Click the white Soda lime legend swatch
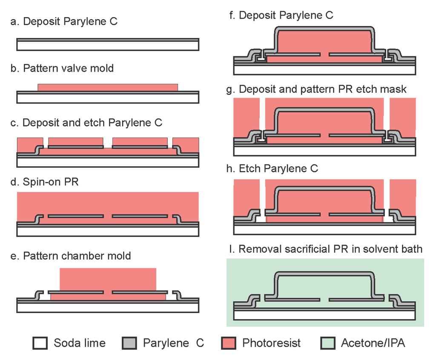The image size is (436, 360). [x=40, y=343]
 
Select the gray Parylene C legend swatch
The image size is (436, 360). [x=129, y=343]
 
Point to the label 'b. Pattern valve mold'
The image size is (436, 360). [x=62, y=68]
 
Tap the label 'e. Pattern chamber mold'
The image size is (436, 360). [x=71, y=256]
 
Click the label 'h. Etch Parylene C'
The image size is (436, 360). [x=278, y=168]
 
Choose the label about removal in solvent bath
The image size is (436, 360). [x=330, y=249]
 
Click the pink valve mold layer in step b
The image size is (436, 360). [x=108, y=87]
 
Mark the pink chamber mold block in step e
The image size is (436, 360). [x=108, y=279]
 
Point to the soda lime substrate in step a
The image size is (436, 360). [x=108, y=46]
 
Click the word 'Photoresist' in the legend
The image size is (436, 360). [x=271, y=343]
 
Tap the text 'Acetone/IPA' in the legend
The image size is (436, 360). [x=373, y=343]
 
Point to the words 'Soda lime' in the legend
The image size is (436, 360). [x=80, y=343]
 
